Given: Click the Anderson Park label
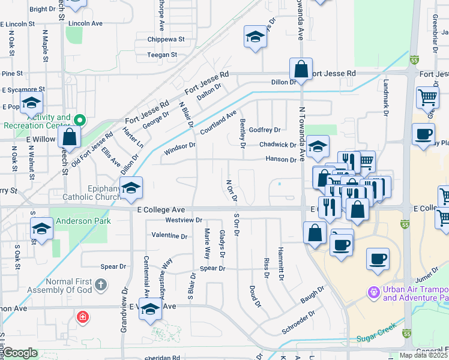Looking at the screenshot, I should point(83,221).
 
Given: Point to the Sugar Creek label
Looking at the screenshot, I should point(378,339).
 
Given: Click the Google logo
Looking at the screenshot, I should point(20,353).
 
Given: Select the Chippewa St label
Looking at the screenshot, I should point(166,40).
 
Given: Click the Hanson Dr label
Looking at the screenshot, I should point(282,159).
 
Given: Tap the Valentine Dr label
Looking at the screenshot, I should point(170,235).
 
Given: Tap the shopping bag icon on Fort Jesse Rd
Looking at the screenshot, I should point(301,68).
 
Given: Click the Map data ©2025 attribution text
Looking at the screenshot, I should point(424,355).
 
